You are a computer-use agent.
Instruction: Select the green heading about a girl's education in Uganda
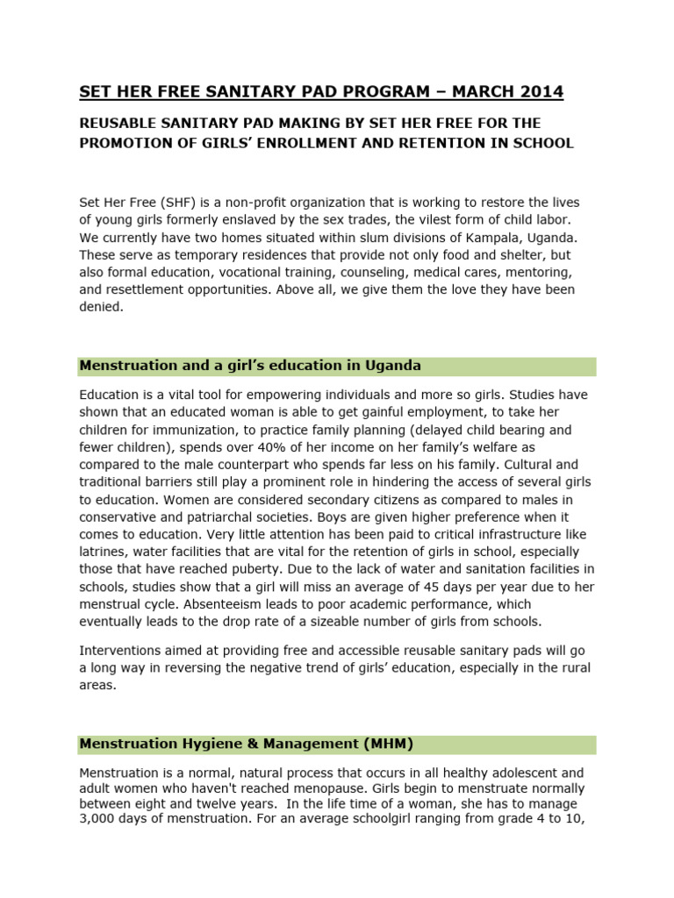tap(250, 366)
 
